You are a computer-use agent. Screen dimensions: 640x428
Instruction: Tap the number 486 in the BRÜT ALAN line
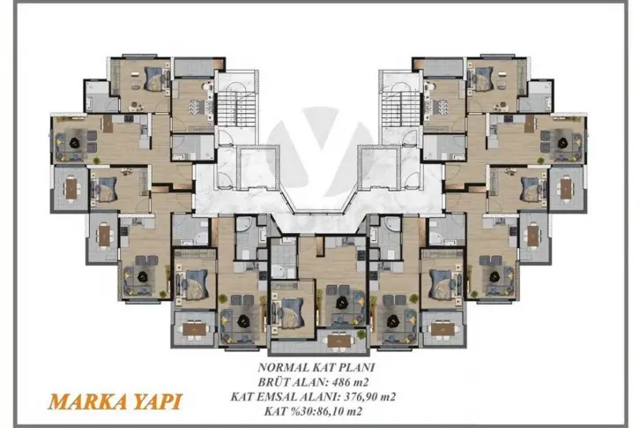(x=342, y=382)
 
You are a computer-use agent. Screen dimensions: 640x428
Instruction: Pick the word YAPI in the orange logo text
(x=155, y=402)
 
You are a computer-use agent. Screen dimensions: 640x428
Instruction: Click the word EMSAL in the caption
(x=278, y=396)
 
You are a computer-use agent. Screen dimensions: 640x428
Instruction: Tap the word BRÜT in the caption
(x=272, y=382)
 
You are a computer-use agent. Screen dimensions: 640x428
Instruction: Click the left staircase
(x=236, y=109)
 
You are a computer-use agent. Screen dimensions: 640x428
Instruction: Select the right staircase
(x=401, y=109)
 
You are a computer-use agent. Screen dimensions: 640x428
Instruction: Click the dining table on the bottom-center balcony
(x=339, y=342)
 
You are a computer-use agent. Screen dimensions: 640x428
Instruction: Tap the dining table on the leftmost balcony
(x=71, y=189)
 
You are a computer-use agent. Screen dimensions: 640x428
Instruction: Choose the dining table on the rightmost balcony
(x=566, y=189)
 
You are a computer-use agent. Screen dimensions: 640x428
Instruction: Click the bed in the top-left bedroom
(x=156, y=79)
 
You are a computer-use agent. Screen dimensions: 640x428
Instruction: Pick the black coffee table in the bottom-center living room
(x=341, y=303)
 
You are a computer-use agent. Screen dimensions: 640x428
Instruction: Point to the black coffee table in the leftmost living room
(x=75, y=142)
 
